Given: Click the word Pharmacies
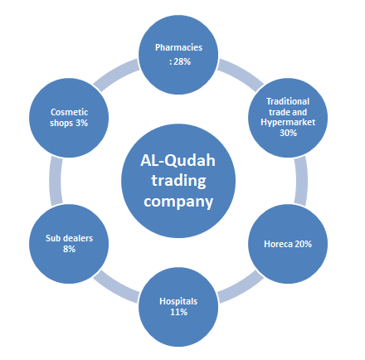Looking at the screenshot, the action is point(178,47).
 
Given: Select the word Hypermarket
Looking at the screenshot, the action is point(288,123).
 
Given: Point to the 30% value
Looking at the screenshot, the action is point(288,133).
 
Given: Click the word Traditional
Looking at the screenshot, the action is point(288,101).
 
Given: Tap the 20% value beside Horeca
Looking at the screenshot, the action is point(304,244).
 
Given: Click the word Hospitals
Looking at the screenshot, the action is point(178,302).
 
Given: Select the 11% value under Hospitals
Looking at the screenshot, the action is point(178,312).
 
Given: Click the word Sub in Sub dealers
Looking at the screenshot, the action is point(52,238).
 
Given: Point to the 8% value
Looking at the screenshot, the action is point(69,249).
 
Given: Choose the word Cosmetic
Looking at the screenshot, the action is point(69,112).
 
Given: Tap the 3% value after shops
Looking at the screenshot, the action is point(82,123).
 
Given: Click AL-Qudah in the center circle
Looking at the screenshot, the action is point(178,160).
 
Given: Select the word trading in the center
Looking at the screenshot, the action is point(178,181).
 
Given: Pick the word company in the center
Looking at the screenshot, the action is point(178,202).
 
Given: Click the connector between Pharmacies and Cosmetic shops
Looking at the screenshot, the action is point(117,74).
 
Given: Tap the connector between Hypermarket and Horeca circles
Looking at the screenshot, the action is point(301,181).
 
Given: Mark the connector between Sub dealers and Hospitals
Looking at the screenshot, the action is point(116,287).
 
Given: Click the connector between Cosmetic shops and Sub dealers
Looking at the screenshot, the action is point(56,181).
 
